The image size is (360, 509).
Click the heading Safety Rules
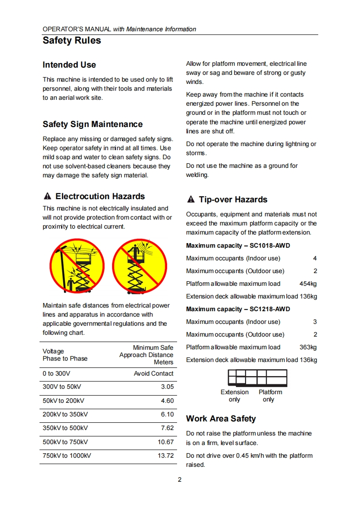[x=72, y=40]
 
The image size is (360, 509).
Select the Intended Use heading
[x=69, y=65]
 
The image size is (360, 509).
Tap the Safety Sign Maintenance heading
[x=93, y=124]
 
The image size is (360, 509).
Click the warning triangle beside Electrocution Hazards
[x=47, y=196]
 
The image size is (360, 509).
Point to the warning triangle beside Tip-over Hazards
[x=191, y=200]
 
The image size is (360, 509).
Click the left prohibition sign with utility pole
[x=77, y=266]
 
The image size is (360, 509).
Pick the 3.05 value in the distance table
[x=167, y=387]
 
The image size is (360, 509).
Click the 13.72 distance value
[x=166, y=455]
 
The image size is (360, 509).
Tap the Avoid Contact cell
[x=153, y=373]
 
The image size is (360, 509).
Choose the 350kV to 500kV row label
[x=65, y=428]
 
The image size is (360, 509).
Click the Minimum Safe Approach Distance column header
[x=146, y=355]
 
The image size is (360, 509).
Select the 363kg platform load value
[x=308, y=347]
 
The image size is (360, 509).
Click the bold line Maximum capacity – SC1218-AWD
[x=238, y=309]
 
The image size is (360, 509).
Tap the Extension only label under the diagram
[x=235, y=396]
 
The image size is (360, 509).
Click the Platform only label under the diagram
[x=270, y=396]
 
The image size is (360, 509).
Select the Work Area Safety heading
[x=221, y=419]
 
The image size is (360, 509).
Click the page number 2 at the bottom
[x=180, y=480]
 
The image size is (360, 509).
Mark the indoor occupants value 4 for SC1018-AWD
[x=315, y=258]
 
